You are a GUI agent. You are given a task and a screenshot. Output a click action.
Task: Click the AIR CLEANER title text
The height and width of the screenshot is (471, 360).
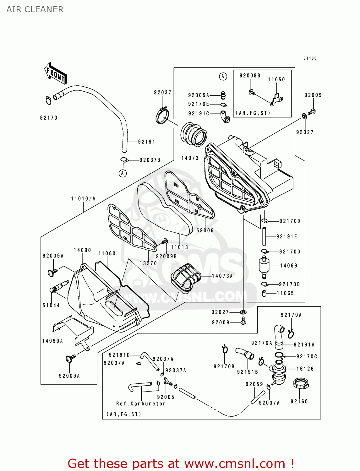point(35,9)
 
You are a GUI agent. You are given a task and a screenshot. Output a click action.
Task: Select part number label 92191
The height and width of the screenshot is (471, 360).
point(146,142)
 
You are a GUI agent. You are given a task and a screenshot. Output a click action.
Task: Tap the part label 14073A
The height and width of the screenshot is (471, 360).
point(222,276)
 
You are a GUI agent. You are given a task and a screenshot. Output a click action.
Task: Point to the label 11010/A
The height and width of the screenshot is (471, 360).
point(83,198)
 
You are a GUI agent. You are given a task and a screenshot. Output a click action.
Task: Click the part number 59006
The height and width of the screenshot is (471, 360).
point(205,230)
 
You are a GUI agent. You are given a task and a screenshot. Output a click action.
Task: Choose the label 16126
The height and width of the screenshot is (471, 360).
point(305,369)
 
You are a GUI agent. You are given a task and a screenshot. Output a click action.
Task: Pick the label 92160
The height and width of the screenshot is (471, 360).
point(299,401)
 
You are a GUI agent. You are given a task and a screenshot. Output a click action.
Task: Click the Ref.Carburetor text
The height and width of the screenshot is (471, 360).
point(141,403)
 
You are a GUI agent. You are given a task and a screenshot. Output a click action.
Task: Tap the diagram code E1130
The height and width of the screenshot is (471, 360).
point(310,58)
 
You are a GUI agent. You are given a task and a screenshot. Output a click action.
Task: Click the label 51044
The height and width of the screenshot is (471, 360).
point(51,305)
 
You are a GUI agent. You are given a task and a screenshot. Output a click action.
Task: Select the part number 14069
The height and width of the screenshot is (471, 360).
point(289,266)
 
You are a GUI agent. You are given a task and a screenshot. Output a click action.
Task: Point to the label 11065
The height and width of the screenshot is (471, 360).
point(285,293)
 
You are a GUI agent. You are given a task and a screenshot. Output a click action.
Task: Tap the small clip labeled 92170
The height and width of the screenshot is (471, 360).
point(48,101)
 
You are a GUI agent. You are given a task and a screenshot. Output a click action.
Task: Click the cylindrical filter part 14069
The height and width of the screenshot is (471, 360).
point(264,267)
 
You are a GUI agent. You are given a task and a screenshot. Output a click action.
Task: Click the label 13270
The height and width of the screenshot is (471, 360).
point(148,263)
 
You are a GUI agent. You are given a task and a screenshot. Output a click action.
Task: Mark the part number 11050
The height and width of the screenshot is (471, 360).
point(276,79)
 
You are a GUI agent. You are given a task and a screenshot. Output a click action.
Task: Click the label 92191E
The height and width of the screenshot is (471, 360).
point(287,236)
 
